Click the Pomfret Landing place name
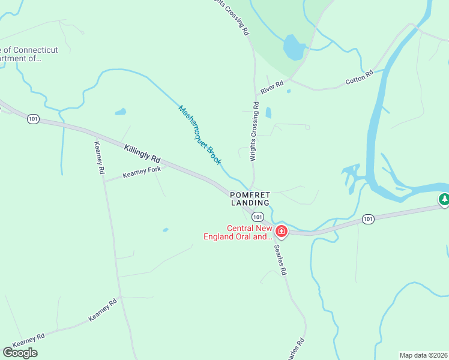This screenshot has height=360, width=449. pyautogui.click(x=251, y=199)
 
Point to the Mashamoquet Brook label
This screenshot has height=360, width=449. pyautogui.click(x=200, y=135)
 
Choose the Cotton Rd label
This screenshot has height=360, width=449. pyautogui.click(x=360, y=77)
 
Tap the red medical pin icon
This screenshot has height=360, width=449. pyautogui.click(x=281, y=231)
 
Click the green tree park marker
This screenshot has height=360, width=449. pyautogui.click(x=444, y=199)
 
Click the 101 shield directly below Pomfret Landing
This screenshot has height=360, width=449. pyautogui.click(x=257, y=217)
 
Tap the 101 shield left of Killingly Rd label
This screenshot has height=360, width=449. pyautogui.click(x=33, y=119)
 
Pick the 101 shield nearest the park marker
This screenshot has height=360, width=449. pyautogui.click(x=369, y=220)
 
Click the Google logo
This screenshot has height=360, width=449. pyautogui.click(x=20, y=352)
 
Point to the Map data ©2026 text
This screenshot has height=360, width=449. pyautogui.click(x=423, y=355)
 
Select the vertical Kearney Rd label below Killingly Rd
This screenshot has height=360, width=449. pyautogui.click(x=99, y=158)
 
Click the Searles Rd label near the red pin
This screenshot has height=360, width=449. pyautogui.click(x=280, y=260)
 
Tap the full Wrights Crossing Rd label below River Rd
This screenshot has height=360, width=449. pyautogui.click(x=255, y=132)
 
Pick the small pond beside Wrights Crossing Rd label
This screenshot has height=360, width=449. pyautogui.click(x=268, y=112)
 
